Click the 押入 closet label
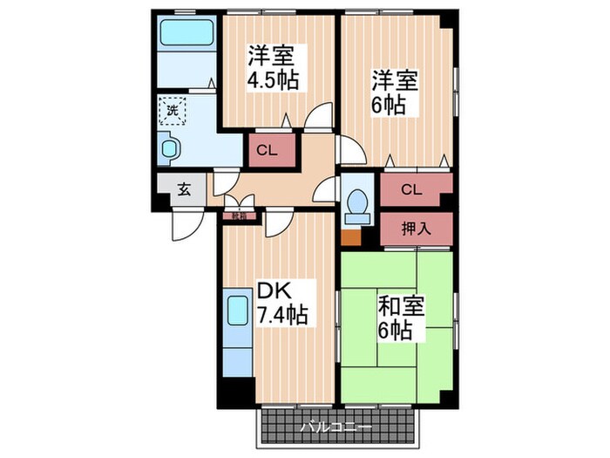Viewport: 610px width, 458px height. click(416, 229)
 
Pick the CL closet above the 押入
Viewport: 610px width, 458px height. click(413, 188)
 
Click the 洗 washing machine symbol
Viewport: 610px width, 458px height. click(173, 112)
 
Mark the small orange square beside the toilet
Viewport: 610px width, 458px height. click(350, 236)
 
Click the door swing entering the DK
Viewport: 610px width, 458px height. click(279, 222)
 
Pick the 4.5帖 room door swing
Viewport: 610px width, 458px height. click(320, 116)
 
